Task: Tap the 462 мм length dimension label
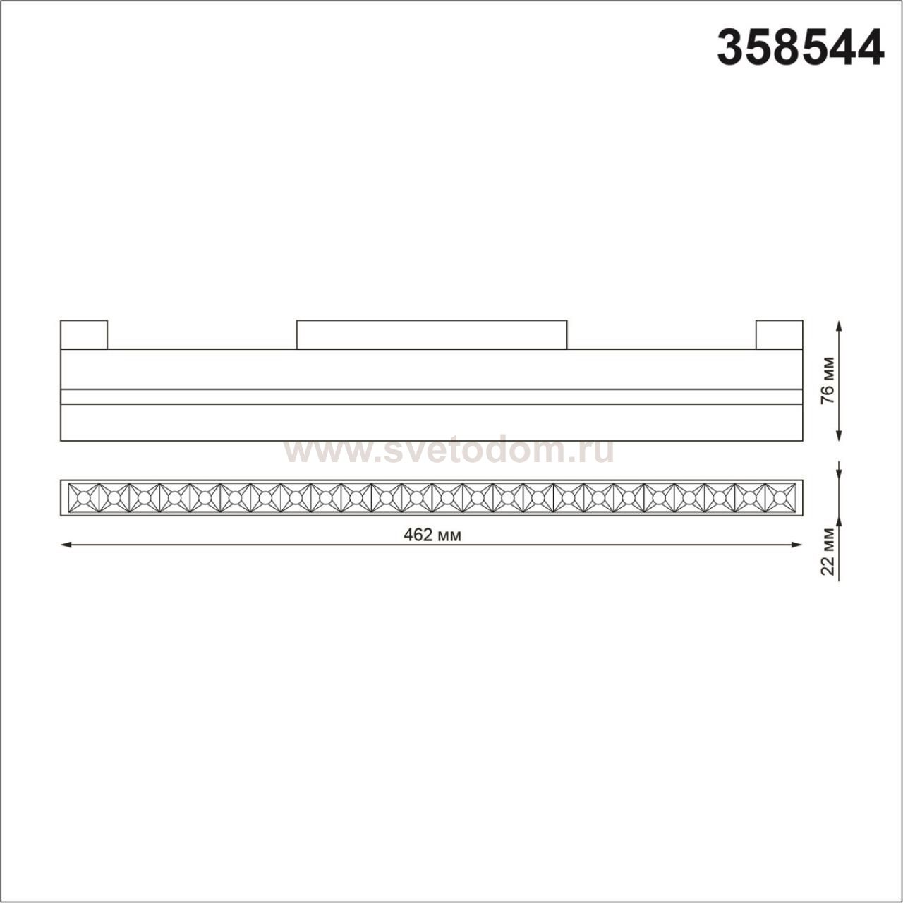click(x=432, y=535)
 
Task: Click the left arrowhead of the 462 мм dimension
click(x=66, y=545)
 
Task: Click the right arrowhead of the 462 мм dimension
click(x=797, y=545)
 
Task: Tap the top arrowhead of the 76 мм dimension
click(x=839, y=326)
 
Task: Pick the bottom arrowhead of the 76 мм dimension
click(x=839, y=436)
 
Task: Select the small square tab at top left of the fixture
click(x=84, y=334)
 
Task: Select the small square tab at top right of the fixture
click(x=779, y=334)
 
